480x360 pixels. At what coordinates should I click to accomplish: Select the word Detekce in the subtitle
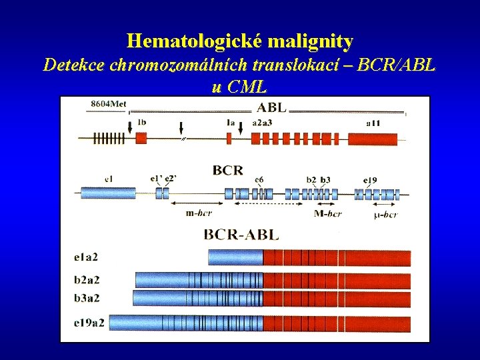point(73,65)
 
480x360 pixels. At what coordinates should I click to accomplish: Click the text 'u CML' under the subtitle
point(239,86)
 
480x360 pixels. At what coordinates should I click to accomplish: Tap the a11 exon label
point(375,123)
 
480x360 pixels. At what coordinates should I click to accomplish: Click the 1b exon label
point(142,123)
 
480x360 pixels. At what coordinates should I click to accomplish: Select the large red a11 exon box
point(373,139)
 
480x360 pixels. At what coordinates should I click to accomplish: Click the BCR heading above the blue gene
point(227,171)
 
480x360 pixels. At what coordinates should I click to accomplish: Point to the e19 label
point(371,180)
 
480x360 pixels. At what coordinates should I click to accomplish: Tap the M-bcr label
point(327,213)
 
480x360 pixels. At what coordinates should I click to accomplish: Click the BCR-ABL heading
point(241,234)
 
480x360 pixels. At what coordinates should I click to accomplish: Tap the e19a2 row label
point(89,323)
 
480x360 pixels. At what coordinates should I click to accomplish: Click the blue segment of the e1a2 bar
point(235,257)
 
